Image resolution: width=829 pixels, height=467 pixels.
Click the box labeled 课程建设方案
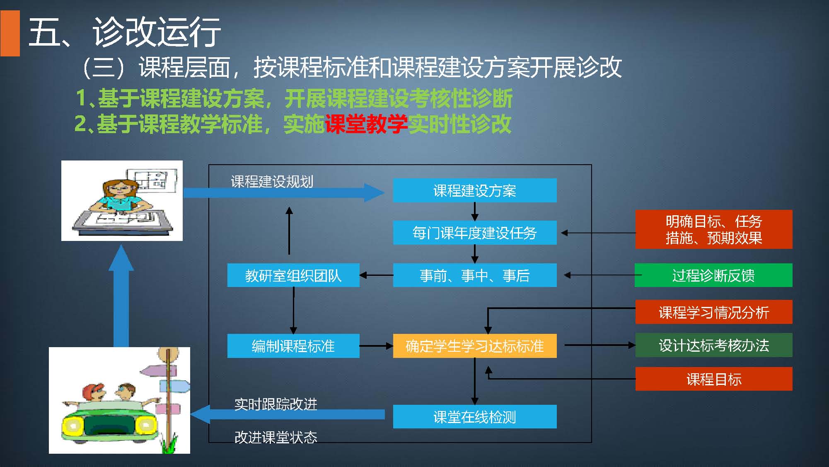(x=474, y=190)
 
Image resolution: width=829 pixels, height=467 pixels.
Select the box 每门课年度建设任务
(x=474, y=233)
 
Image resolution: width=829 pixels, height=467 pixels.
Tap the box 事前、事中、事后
(x=474, y=275)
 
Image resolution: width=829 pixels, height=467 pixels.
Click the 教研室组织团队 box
(x=293, y=275)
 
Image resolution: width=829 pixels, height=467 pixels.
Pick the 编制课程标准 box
(x=293, y=345)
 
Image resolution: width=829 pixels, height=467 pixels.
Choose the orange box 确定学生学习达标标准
(x=474, y=345)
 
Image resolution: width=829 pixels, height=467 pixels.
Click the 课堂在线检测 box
(x=474, y=416)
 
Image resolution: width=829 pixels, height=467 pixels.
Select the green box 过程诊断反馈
(x=713, y=275)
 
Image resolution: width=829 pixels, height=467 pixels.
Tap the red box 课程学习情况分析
(x=713, y=312)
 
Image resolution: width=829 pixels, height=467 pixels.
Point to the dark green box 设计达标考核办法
(x=713, y=345)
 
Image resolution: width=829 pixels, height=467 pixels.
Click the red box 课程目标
(x=713, y=379)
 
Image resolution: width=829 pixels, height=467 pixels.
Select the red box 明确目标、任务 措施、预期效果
(x=713, y=229)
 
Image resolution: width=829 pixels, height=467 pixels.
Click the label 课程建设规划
(x=272, y=181)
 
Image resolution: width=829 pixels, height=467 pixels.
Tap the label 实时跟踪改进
(x=276, y=404)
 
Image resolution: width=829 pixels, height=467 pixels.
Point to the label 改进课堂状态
(x=276, y=437)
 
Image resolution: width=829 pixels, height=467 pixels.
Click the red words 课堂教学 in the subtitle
(x=366, y=124)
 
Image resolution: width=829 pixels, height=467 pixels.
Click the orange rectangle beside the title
(x=10, y=33)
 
